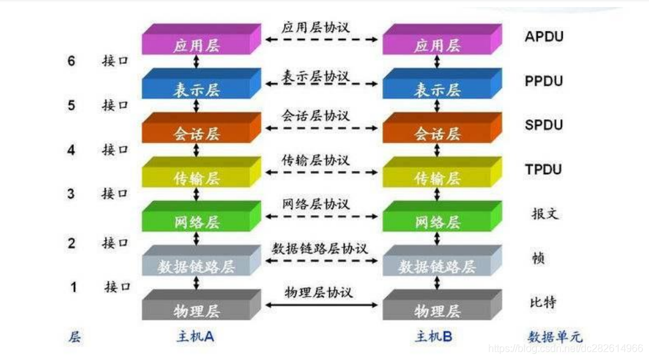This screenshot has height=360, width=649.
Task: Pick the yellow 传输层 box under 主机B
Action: click(437, 178)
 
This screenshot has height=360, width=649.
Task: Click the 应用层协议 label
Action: click(315, 27)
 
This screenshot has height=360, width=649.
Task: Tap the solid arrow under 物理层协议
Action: click(321, 305)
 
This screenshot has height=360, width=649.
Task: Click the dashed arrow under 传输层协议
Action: click(321, 172)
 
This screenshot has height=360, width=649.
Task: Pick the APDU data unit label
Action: click(544, 36)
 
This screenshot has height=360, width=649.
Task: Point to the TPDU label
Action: click(544, 170)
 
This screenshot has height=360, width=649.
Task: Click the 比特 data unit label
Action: click(544, 301)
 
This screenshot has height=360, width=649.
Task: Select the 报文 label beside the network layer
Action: click(544, 213)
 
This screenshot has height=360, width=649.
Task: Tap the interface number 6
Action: click(71, 61)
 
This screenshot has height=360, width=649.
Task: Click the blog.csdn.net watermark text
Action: click(565, 349)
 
